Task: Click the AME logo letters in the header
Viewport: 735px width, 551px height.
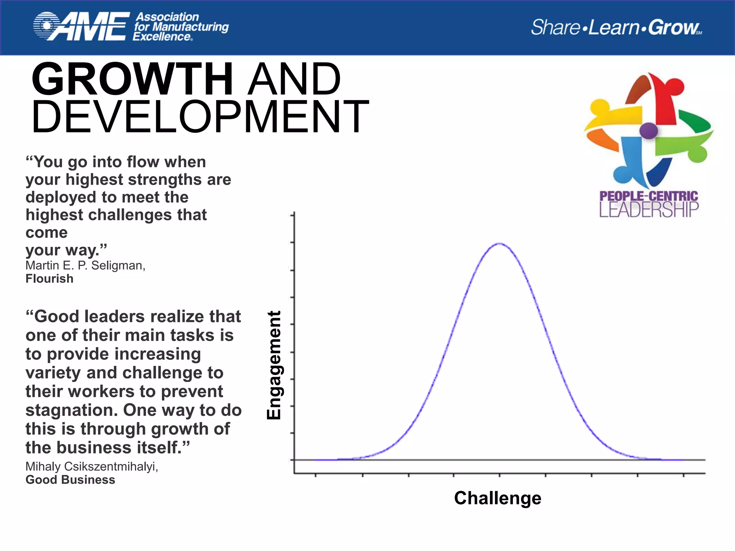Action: pyautogui.click(x=90, y=27)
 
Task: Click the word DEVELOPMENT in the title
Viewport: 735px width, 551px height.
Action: pyautogui.click(x=200, y=117)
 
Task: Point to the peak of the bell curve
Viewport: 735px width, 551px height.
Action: pyautogui.click(x=499, y=244)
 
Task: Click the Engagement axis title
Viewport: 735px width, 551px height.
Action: pyautogui.click(x=274, y=365)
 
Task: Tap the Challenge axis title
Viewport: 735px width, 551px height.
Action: pyautogui.click(x=497, y=498)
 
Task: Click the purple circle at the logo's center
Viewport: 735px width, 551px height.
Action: pyautogui.click(x=649, y=131)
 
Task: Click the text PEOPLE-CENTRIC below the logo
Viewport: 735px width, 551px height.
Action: pyautogui.click(x=649, y=196)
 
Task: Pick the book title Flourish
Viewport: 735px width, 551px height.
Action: pyautogui.click(x=50, y=279)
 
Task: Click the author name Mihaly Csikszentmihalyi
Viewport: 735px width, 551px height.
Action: pyautogui.click(x=92, y=466)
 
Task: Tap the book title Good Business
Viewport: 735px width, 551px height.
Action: pyautogui.click(x=70, y=480)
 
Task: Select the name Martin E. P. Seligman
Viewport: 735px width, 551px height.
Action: pyautogui.click(x=85, y=265)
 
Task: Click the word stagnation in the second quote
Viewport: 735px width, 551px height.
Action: pyautogui.click(x=71, y=410)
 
